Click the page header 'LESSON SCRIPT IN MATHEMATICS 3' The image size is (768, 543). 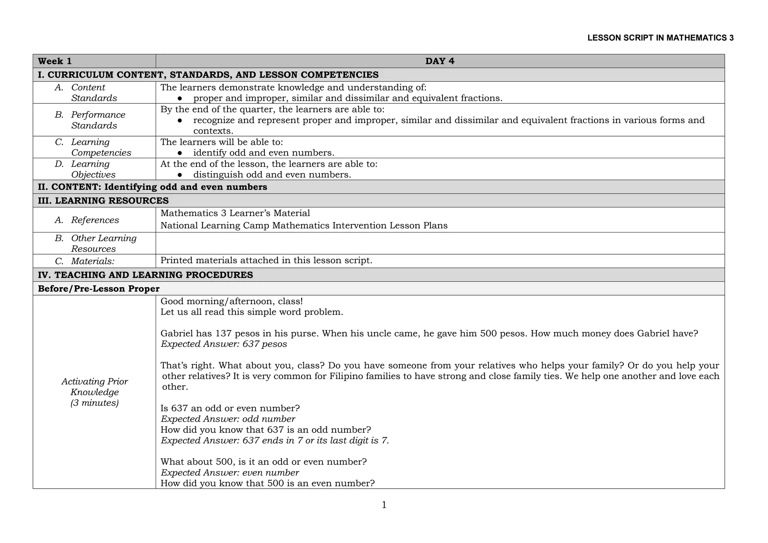click(660, 38)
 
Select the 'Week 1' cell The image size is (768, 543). click(55, 61)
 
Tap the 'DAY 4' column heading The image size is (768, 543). click(439, 61)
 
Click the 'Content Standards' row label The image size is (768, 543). click(94, 93)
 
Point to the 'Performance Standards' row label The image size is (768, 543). click(98, 120)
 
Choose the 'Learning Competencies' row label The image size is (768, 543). click(100, 147)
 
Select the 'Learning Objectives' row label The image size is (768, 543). click(93, 169)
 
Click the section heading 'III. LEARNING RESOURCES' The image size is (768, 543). click(103, 201)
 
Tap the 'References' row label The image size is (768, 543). click(95, 220)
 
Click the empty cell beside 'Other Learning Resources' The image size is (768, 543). click(439, 243)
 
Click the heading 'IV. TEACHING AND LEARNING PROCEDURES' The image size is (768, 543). click(145, 275)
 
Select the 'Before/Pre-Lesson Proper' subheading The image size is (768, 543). click(99, 289)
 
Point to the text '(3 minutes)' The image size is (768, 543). click(94, 403)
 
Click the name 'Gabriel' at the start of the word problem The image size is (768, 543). click(175, 333)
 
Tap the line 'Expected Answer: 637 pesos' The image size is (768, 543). click(223, 344)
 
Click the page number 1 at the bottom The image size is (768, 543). click(384, 505)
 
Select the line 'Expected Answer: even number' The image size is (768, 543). click(229, 473)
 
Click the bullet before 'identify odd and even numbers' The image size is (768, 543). click(180, 153)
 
